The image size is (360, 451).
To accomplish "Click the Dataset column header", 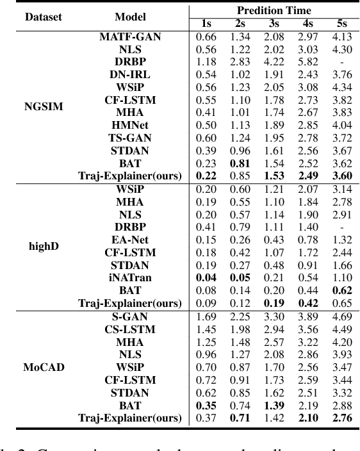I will [44, 17].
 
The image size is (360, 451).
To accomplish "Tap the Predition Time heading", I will [274, 10].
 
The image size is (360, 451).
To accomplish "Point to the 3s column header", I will [272, 24].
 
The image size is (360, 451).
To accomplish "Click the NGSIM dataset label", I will [44, 106].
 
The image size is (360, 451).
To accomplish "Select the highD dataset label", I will [44, 245].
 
